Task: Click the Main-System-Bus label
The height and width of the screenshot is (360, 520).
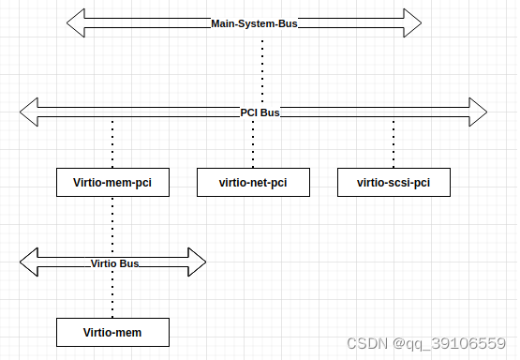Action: click(x=253, y=23)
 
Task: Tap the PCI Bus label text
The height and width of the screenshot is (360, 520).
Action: click(x=260, y=112)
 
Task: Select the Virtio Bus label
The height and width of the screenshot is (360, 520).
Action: click(x=114, y=263)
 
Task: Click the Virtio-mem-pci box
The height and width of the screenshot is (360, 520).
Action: click(x=112, y=182)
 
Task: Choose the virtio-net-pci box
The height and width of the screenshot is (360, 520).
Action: click(x=253, y=182)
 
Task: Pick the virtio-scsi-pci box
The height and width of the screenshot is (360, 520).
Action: click(x=394, y=182)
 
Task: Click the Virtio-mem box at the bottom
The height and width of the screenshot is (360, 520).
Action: click(x=112, y=332)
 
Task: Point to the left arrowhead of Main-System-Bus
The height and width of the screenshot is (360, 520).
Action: click(x=79, y=23)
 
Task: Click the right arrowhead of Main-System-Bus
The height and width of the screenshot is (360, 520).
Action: click(x=409, y=23)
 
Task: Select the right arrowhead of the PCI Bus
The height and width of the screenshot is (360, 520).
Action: click(x=475, y=112)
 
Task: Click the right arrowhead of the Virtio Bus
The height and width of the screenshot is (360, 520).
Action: click(x=194, y=262)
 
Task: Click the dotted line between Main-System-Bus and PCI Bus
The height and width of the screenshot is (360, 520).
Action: click(x=262, y=67)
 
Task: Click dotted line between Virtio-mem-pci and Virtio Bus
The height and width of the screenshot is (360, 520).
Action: click(x=112, y=223)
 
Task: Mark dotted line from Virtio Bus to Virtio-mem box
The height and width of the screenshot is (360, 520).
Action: click(x=112, y=297)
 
